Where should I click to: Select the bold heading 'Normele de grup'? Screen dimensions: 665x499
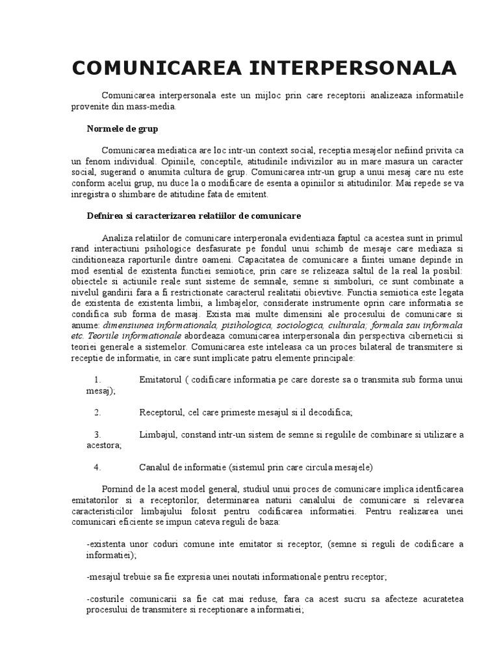click(x=122, y=129)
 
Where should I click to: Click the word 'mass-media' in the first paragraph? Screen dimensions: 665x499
click(x=153, y=107)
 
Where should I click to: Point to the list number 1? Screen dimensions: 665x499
click(x=97, y=379)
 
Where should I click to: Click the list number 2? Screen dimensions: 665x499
click(x=97, y=412)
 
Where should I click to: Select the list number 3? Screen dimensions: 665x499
click(x=97, y=434)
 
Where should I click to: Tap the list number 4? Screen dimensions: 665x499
click(x=97, y=466)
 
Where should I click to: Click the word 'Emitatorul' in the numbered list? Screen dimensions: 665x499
click(x=160, y=379)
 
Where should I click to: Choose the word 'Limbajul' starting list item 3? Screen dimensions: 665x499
click(x=157, y=434)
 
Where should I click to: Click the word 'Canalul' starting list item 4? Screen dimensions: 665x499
click(x=155, y=466)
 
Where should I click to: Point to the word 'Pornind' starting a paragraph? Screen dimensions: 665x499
click(x=117, y=488)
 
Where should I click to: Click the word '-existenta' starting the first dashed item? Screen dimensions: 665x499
click(x=108, y=544)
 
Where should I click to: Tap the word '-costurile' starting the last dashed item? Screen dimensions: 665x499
click(x=108, y=598)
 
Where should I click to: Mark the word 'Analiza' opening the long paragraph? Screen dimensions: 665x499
click(x=117, y=237)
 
